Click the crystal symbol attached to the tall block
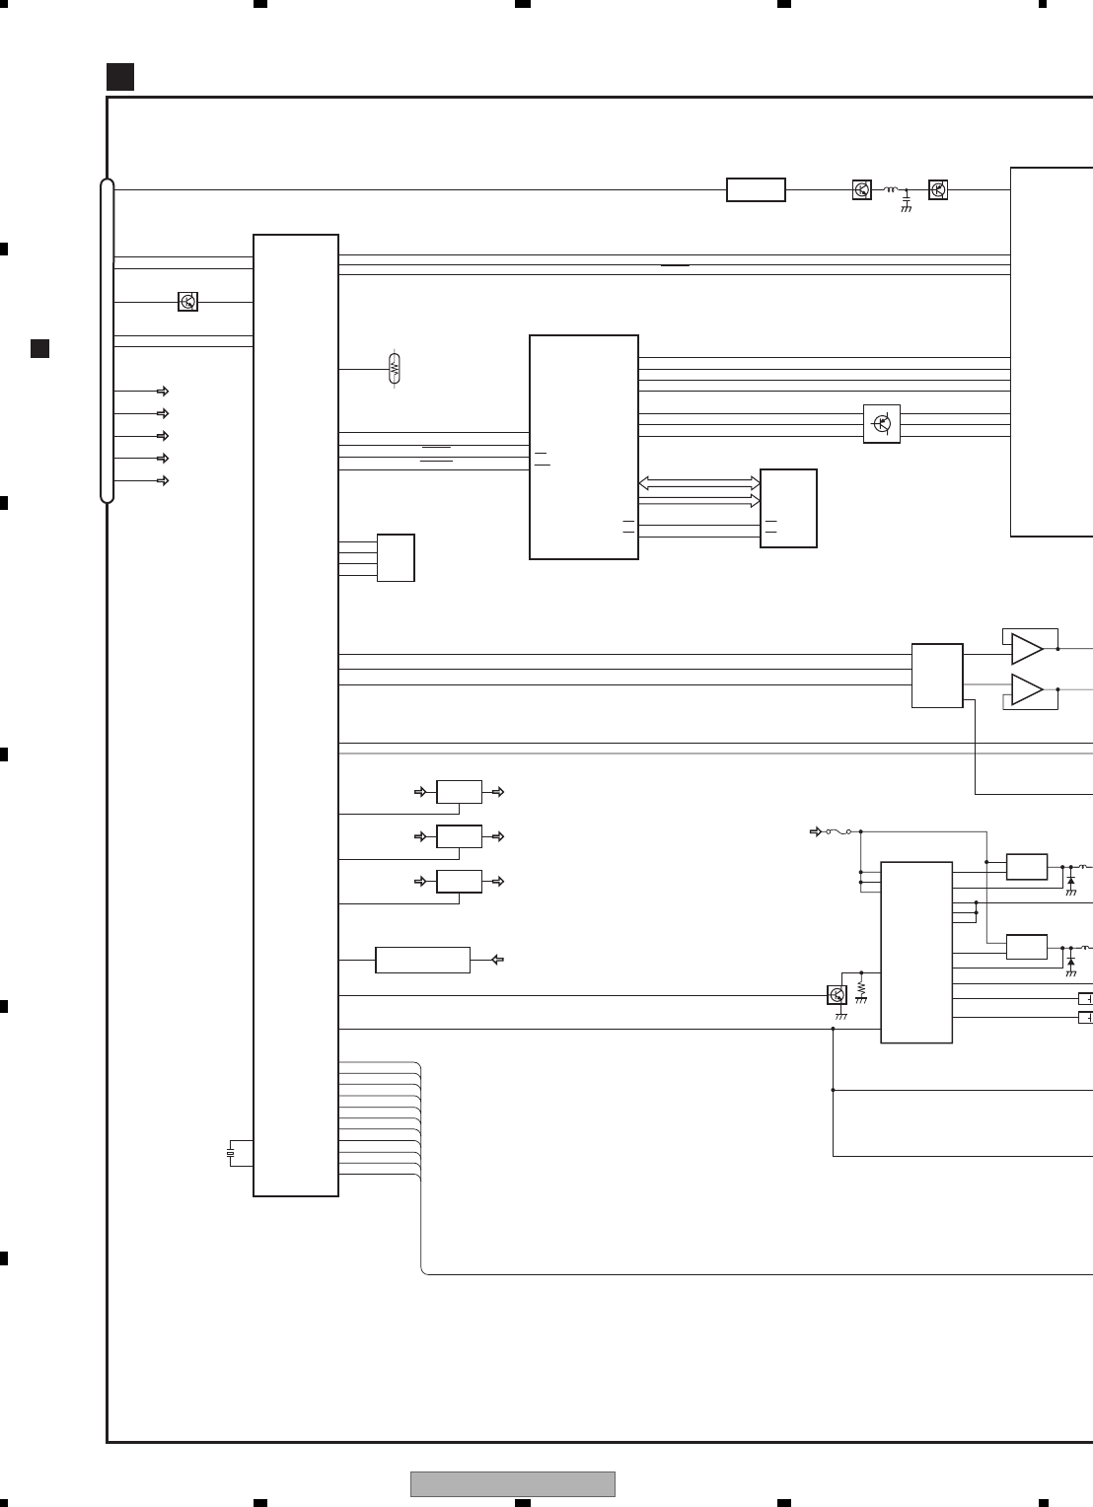pos(231,1153)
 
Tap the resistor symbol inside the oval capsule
pos(395,369)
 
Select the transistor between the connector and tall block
pos(187,302)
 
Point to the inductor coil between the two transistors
pos(891,189)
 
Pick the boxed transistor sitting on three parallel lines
pos(882,424)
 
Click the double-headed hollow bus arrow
pos(699,483)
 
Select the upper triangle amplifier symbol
pos(1026,649)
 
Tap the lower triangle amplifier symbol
pos(1026,690)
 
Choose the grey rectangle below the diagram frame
pos(513,1483)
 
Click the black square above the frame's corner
pos(120,77)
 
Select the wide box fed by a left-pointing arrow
pos(422,960)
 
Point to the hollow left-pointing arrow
pos(498,959)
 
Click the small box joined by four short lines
pos(396,558)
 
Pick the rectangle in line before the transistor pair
pos(756,189)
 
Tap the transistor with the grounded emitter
pos(838,995)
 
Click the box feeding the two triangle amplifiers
pos(937,676)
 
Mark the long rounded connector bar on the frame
pos(108,340)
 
